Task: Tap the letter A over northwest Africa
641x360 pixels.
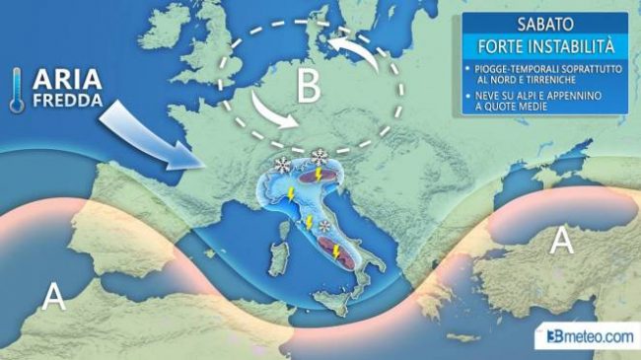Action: (x=55, y=294)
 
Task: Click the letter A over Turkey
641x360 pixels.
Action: (x=561, y=240)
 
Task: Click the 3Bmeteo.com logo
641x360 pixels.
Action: (x=589, y=337)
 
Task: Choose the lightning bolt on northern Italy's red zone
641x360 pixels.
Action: (x=318, y=175)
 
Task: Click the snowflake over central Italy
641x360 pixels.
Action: (x=324, y=228)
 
